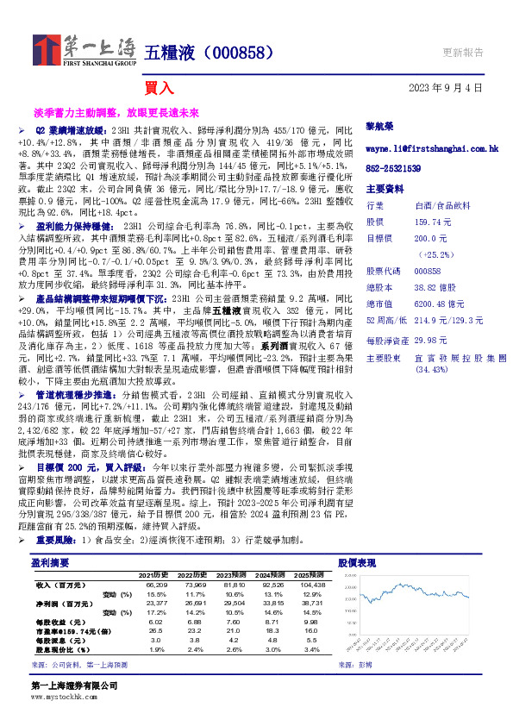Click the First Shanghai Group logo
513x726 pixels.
84,50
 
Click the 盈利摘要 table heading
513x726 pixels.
45,561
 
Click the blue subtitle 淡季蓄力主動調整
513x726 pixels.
75,112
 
